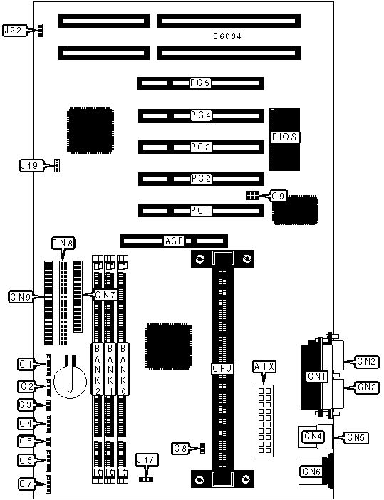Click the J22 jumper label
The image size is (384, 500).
pyautogui.click(x=13, y=31)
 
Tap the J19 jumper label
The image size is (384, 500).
pyautogui.click(x=29, y=165)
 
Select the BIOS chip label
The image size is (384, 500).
pyautogui.click(x=284, y=137)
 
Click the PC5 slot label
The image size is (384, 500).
pyautogui.click(x=200, y=83)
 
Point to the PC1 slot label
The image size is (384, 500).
pyautogui.click(x=201, y=210)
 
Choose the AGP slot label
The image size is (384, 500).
pyautogui.click(x=174, y=241)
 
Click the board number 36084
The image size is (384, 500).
pyautogui.click(x=227, y=36)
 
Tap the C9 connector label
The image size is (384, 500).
pyautogui.click(x=278, y=196)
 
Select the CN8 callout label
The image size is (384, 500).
pyautogui.click(x=63, y=244)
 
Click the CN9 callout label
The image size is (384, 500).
pyautogui.click(x=21, y=297)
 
